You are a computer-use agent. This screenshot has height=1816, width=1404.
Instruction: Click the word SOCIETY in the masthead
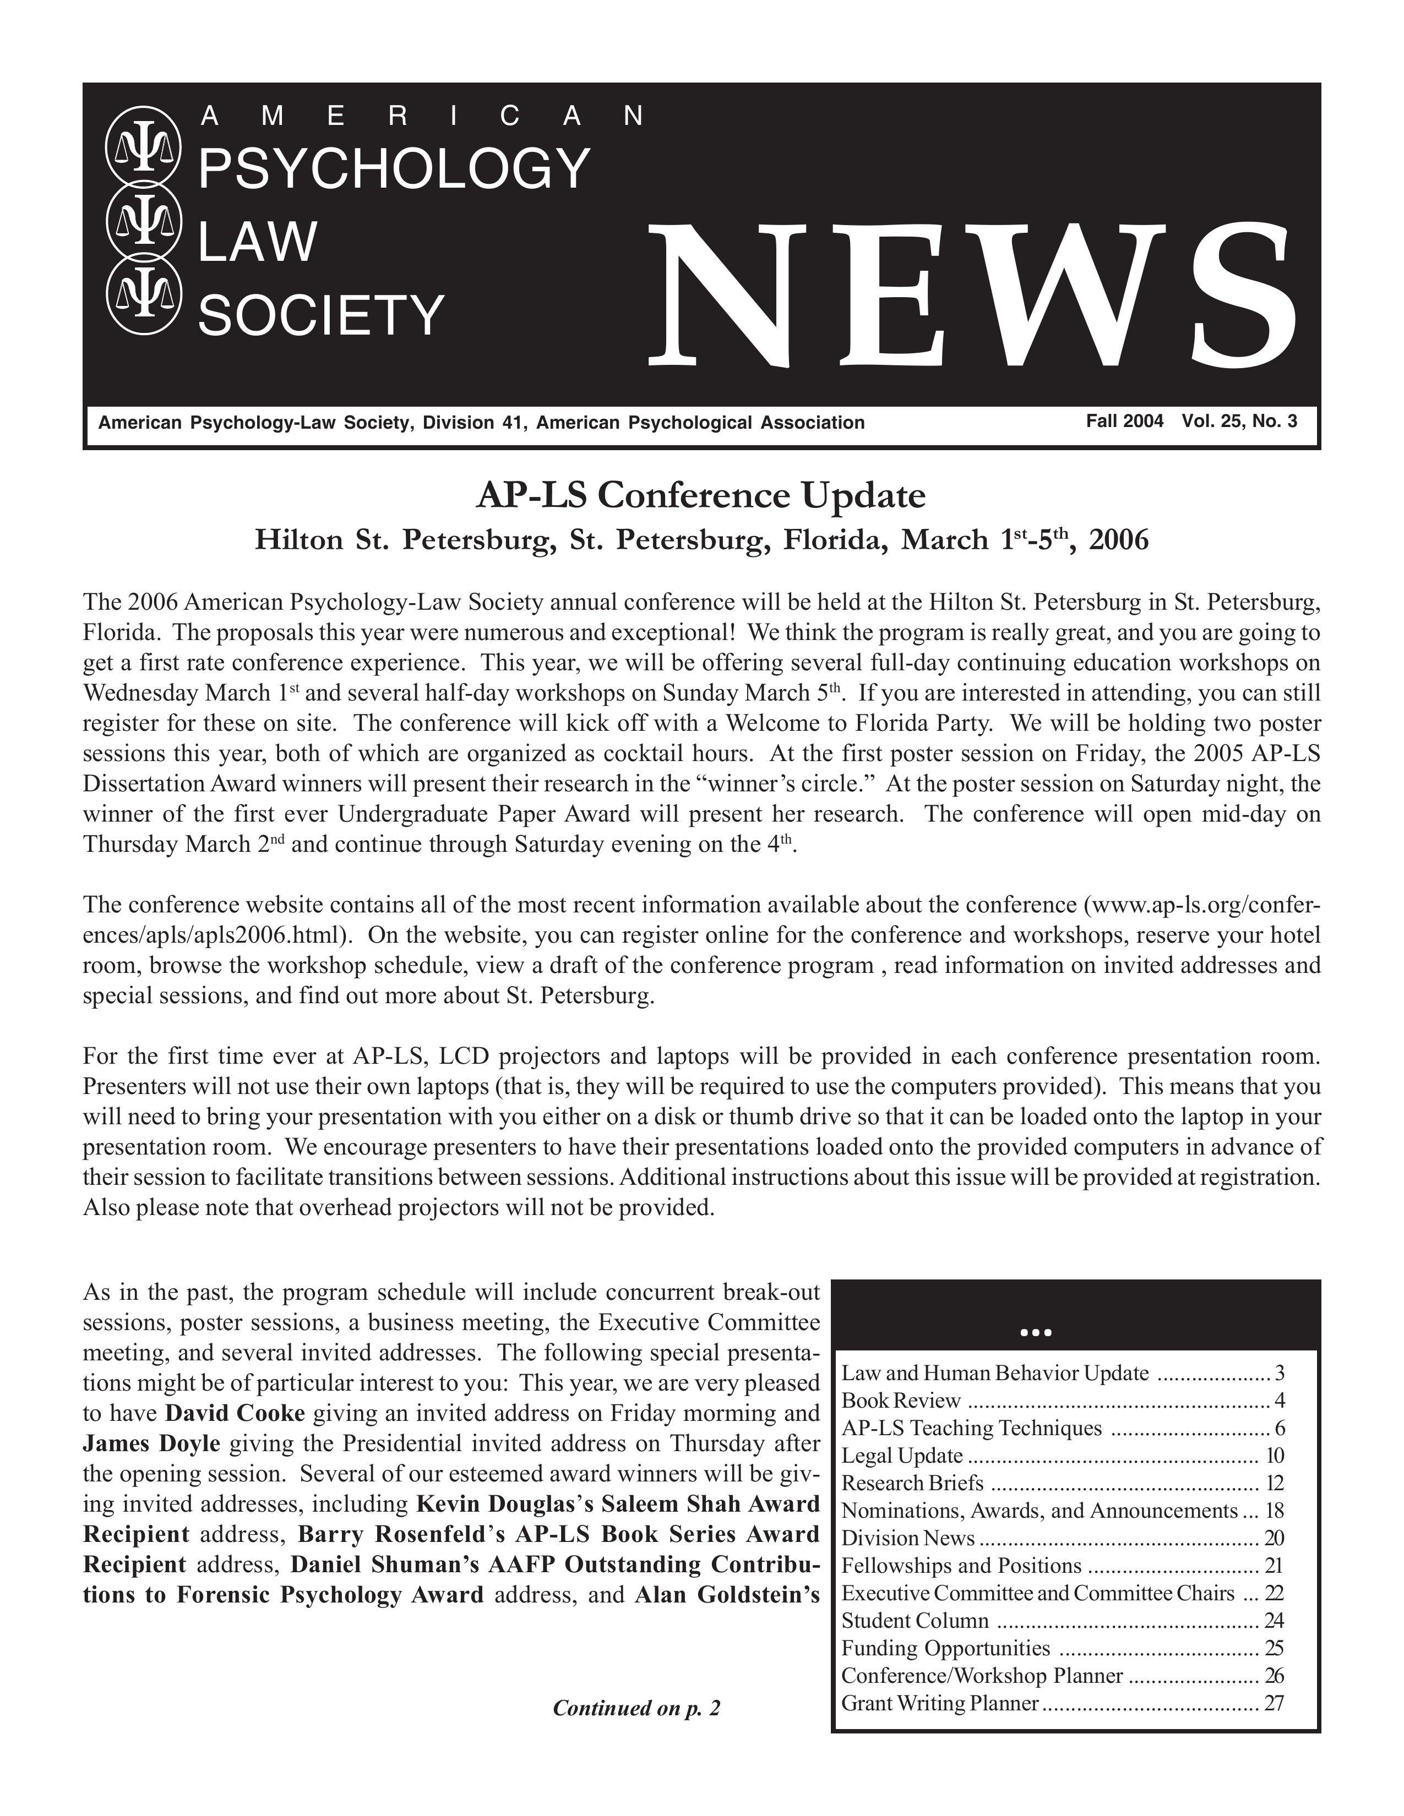point(321,317)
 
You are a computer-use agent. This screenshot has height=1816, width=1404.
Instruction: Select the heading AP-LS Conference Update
point(700,496)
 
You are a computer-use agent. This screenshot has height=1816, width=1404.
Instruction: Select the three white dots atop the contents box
point(1036,1333)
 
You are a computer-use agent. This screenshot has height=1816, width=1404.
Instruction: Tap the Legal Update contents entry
point(902,1455)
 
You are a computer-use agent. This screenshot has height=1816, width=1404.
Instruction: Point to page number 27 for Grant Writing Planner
point(1274,1703)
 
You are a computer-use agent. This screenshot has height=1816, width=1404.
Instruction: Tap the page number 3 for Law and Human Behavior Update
point(1279,1373)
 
